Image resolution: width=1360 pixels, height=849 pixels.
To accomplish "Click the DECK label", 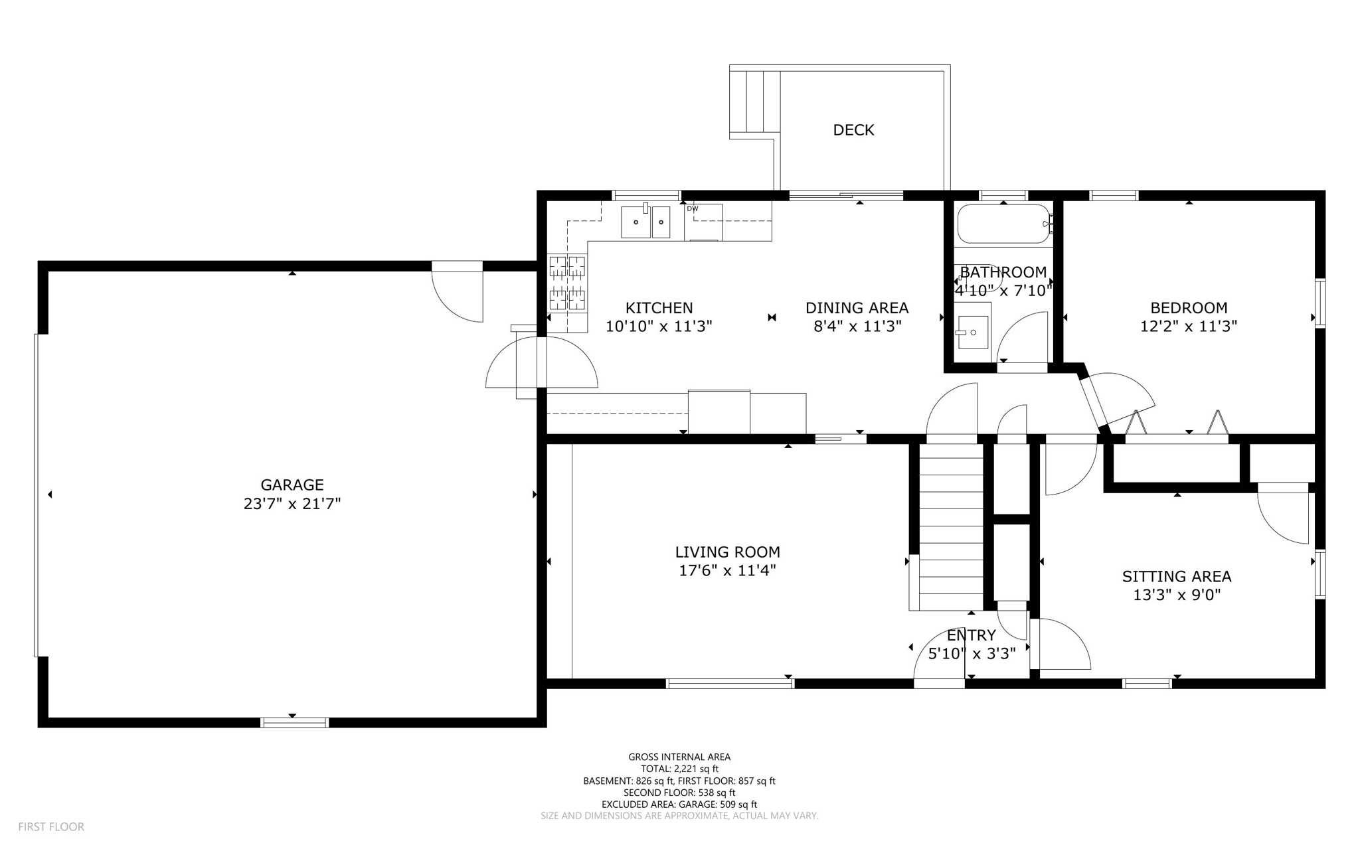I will (853, 130).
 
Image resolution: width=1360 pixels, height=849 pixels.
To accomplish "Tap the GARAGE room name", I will (292, 485).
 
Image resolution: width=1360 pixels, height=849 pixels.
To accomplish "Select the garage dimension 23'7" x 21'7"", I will (292, 504).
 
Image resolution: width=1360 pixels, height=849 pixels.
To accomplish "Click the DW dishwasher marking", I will (693, 209).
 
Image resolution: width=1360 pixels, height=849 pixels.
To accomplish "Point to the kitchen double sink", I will (645, 222).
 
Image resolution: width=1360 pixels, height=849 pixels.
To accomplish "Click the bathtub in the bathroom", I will (1003, 224).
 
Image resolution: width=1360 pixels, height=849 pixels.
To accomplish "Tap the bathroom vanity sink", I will (973, 333).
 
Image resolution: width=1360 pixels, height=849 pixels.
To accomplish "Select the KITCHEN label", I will (659, 308).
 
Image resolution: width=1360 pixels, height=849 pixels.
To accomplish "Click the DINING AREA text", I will (857, 308).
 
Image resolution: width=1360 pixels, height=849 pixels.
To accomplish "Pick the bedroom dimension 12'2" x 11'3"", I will (1189, 327).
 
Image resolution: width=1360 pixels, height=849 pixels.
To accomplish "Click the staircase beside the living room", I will (950, 524).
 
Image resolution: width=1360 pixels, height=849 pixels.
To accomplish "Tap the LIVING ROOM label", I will (727, 552).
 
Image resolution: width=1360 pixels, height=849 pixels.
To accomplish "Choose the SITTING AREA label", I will (1177, 577).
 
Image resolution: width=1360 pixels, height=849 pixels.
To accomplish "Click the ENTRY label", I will (971, 635).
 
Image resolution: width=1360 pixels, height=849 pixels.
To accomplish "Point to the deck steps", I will (754, 102).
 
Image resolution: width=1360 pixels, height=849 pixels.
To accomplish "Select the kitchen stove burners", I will (568, 283).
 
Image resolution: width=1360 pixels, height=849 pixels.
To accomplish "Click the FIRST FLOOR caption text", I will (51, 827).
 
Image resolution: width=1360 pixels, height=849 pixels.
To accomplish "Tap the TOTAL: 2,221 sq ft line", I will (679, 769).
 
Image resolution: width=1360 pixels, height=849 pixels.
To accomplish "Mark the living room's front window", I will (730, 684).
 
